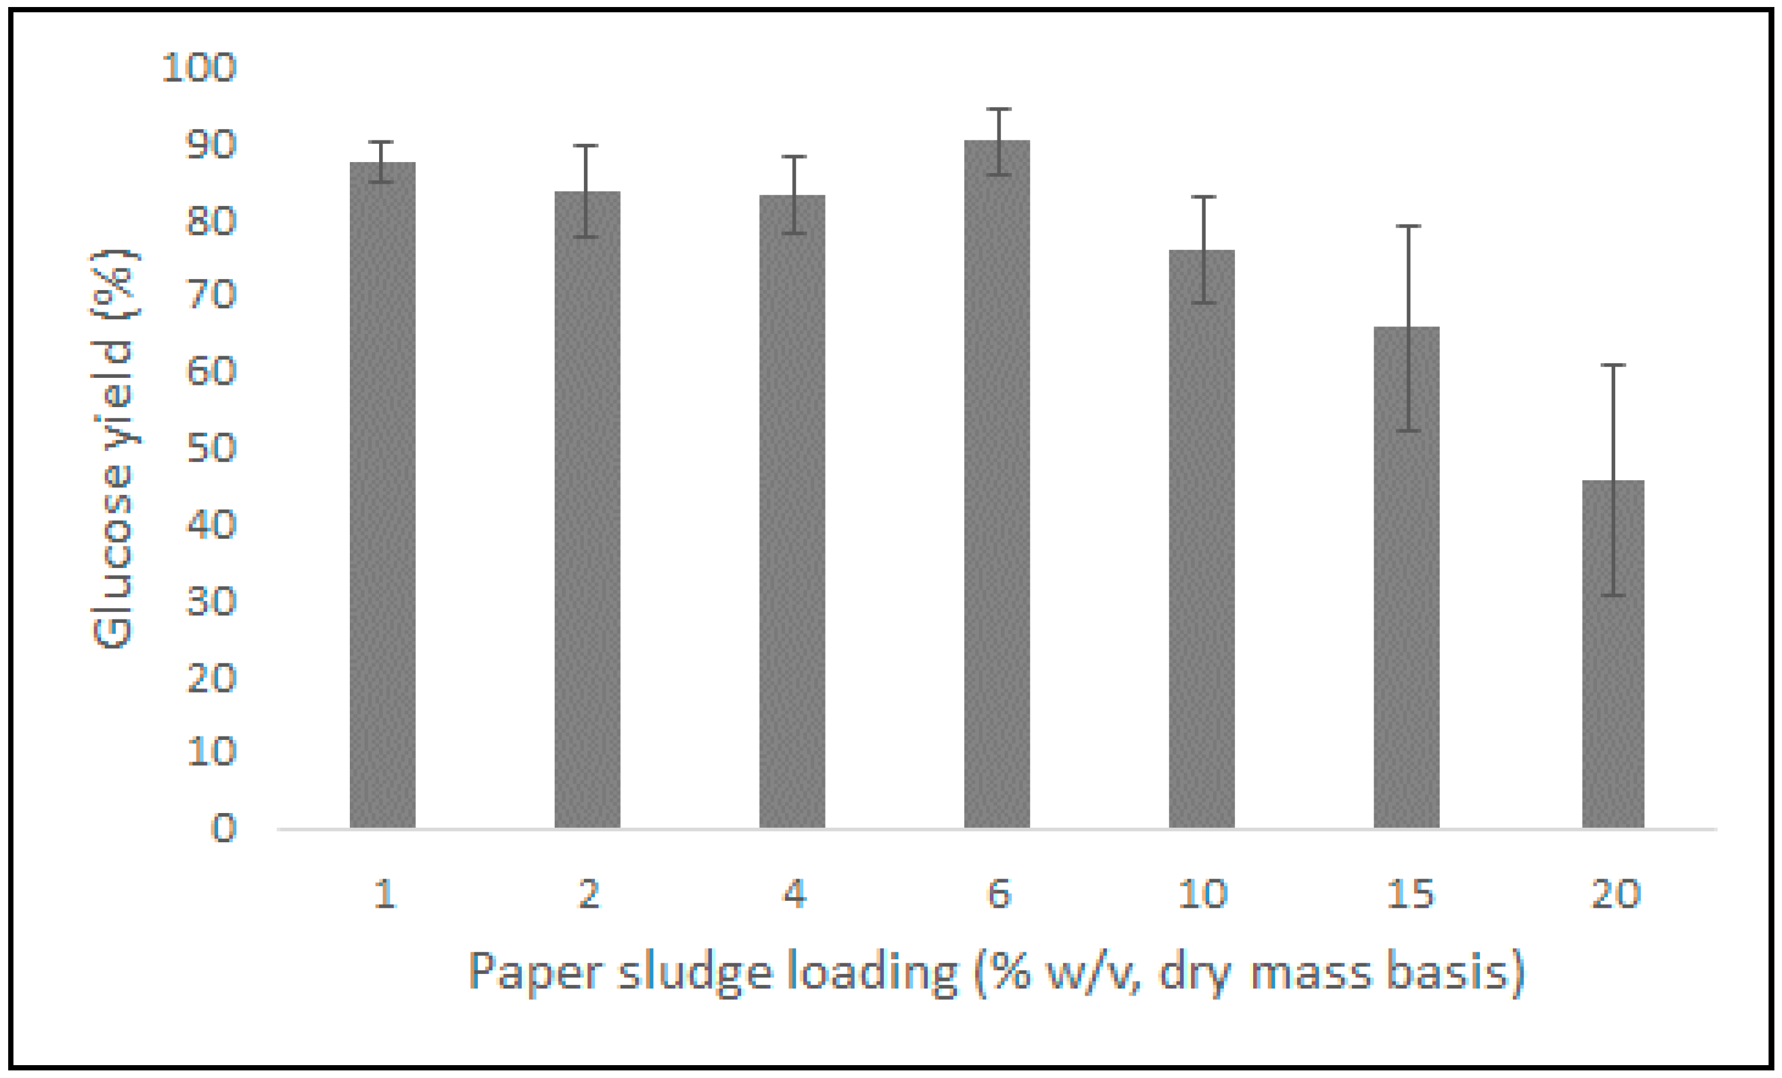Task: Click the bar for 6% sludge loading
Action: click(996, 484)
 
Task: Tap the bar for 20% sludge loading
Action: click(1613, 655)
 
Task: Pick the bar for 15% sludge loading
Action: click(1406, 578)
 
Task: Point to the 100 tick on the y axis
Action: click(199, 68)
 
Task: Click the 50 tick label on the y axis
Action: click(211, 448)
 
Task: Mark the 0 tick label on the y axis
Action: click(223, 828)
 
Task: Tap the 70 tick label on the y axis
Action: click(211, 295)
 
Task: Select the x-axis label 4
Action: click(794, 894)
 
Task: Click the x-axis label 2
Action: click(589, 894)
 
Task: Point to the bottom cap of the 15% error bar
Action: click(1408, 431)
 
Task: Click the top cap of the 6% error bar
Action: click(999, 109)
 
